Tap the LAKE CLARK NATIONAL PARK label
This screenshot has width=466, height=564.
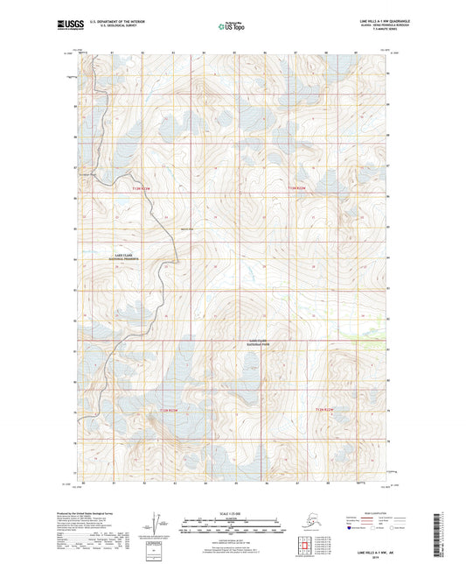coord(262,342)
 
